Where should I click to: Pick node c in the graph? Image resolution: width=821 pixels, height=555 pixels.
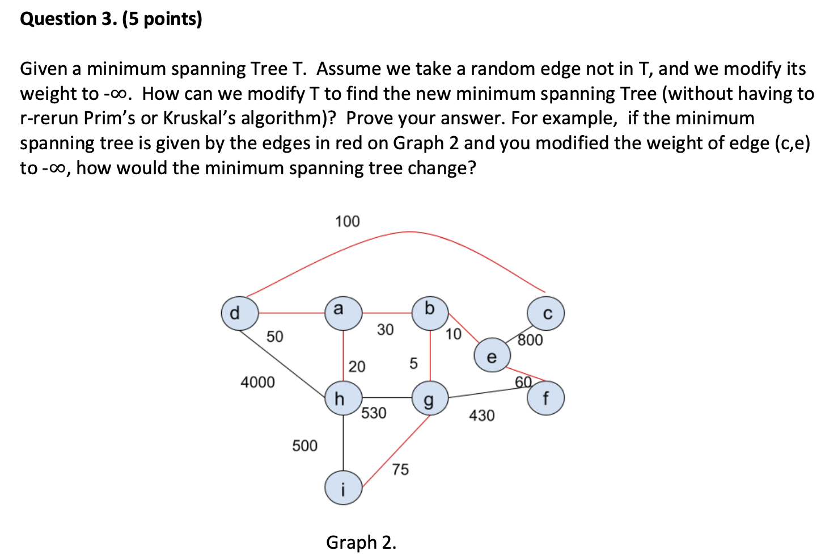point(545,314)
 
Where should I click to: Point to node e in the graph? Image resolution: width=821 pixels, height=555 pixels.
point(492,356)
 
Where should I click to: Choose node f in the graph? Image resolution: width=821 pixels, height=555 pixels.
point(545,398)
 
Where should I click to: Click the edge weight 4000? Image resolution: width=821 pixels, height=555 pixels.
point(257,382)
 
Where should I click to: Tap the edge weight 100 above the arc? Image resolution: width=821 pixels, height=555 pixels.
point(347,221)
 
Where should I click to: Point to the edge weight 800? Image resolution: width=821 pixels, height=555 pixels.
point(530,340)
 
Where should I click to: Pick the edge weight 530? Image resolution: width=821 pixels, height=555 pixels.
point(374,413)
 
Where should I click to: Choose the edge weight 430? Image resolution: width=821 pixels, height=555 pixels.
point(481,415)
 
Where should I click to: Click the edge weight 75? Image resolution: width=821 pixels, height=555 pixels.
point(400,469)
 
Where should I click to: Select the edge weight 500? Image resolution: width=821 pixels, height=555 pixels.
point(304,445)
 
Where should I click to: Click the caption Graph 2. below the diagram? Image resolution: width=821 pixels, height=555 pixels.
point(361,542)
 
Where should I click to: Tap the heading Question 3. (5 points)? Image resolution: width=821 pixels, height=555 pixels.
point(111,19)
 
